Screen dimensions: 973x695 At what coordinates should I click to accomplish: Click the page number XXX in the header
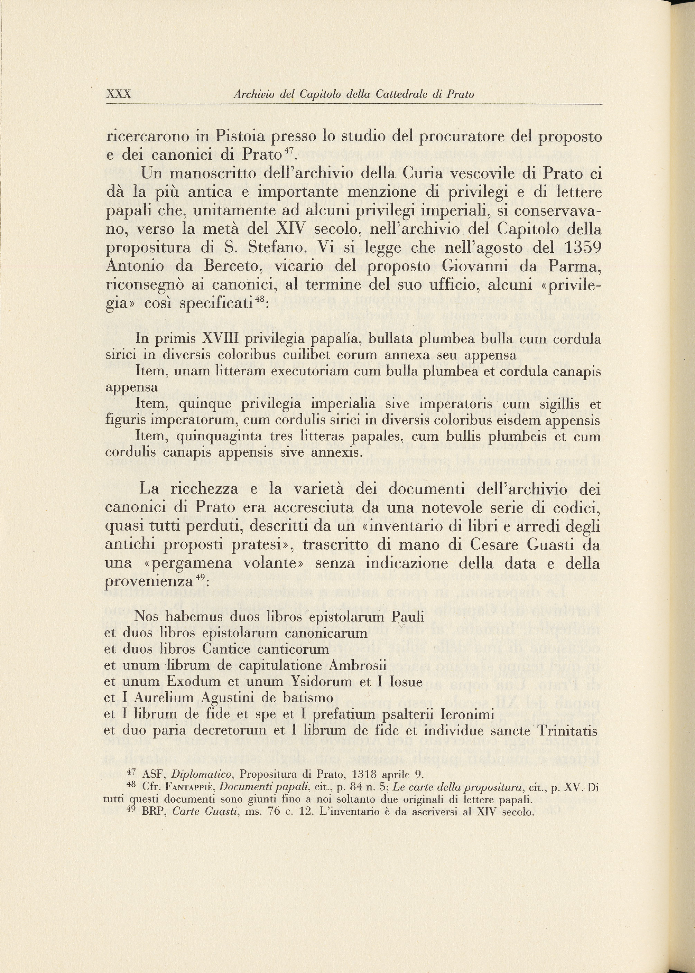118,94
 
